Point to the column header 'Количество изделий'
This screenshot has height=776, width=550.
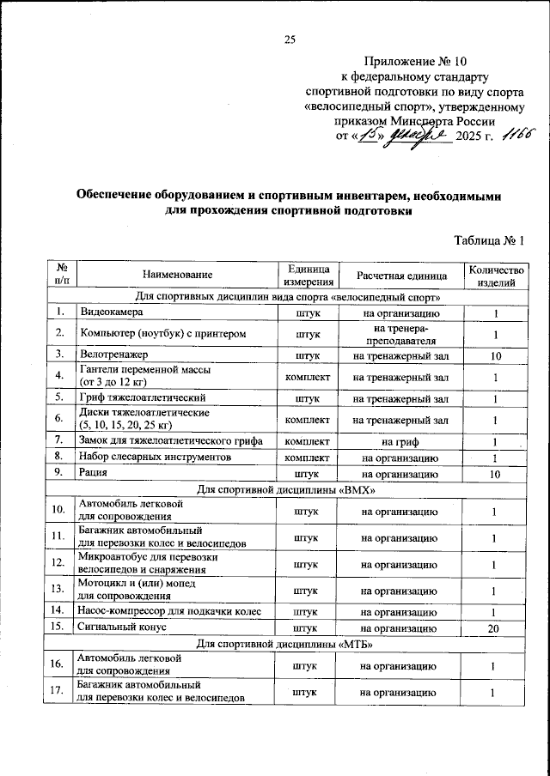[494, 275]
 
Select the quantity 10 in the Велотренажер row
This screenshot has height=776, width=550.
[494, 355]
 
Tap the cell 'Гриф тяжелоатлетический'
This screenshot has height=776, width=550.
[141, 399]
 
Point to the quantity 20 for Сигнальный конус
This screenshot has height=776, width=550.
[494, 627]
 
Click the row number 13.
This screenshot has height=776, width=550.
[58, 591]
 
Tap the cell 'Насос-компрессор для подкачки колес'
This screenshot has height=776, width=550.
[168, 612]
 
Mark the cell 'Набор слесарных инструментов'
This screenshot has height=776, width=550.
[156, 458]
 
